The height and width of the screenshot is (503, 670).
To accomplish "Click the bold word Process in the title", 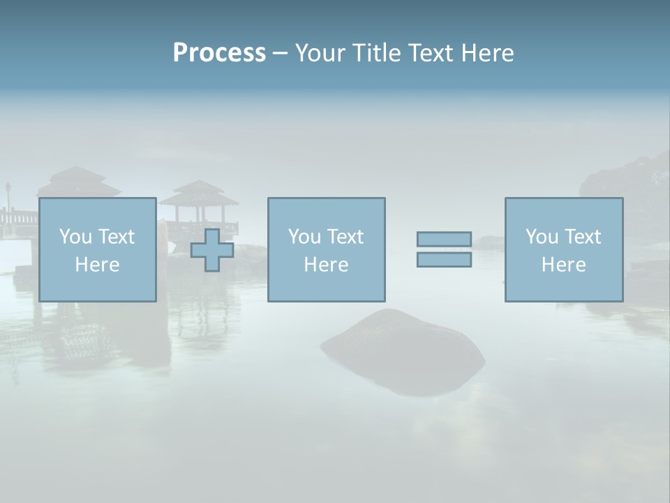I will (x=219, y=53).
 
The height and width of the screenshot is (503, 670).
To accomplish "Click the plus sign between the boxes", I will (x=212, y=250).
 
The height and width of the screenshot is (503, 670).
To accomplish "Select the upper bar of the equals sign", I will (x=444, y=240).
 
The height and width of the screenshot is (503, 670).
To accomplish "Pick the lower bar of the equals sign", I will (x=444, y=260).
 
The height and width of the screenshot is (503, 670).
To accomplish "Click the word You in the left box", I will (x=75, y=237).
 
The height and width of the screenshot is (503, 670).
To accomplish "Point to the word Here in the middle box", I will (x=326, y=265).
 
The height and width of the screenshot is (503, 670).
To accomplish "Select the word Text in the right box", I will (x=583, y=237).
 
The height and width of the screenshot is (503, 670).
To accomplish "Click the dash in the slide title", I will (x=280, y=53).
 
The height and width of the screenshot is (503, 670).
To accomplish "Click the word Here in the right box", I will (x=563, y=265).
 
